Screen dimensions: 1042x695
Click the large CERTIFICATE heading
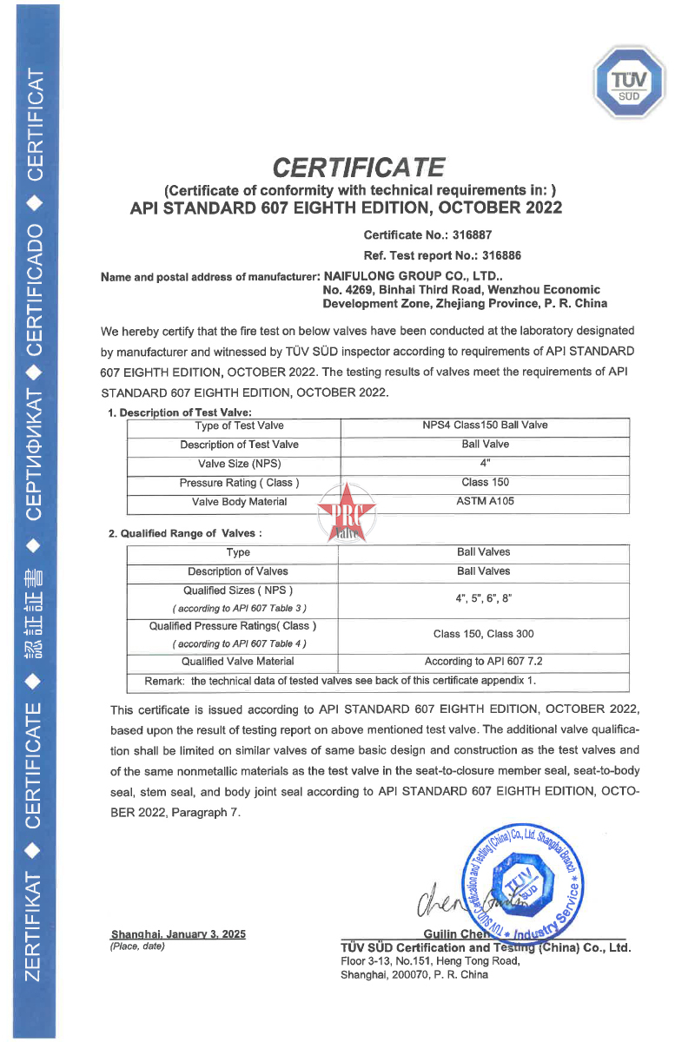tap(359, 166)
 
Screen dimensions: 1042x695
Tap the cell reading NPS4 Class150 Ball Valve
tap(484, 425)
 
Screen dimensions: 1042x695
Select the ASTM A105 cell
tap(484, 502)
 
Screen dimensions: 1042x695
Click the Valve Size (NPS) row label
tap(233, 464)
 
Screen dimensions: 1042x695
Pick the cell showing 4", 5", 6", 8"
tap(484, 599)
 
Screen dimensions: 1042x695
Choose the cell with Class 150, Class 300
tap(484, 635)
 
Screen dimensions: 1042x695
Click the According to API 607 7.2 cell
tap(484, 662)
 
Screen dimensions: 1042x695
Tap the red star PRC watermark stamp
tap(347, 514)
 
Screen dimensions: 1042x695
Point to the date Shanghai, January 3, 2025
tap(178, 934)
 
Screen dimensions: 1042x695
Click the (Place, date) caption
tap(137, 946)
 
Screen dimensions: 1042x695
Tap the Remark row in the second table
tap(340, 679)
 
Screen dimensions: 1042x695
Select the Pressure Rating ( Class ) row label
tap(239, 483)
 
